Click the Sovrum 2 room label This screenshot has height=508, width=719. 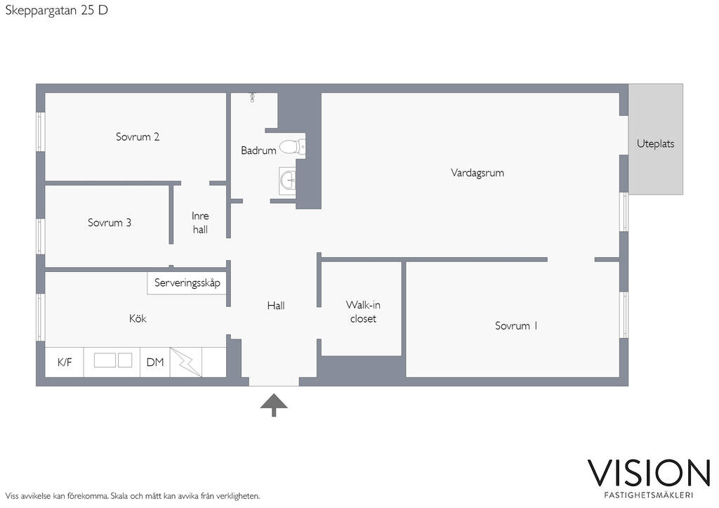coord(138,137)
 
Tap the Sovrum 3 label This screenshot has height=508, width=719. coord(110,223)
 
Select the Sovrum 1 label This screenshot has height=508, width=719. coord(516,326)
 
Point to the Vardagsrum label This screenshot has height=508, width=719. coord(477,173)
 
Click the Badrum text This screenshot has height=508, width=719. coord(258,150)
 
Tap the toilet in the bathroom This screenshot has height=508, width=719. coord(293,148)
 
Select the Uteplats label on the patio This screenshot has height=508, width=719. coord(655,143)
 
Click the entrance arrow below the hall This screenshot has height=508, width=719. coord(274,405)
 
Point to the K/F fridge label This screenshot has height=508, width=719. coord(65,363)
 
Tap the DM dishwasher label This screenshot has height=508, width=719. coord(155,363)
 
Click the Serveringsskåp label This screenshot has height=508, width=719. coord(187,282)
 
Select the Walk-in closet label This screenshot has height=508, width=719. coord(363,311)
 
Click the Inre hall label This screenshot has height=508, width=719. coord(200,223)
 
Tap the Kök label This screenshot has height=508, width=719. coord(138,318)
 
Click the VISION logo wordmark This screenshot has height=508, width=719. coord(648,473)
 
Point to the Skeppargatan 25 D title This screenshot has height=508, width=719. coord(57,11)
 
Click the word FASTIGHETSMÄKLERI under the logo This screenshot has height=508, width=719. coord(648,495)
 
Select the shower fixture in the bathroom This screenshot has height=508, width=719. coord(252,96)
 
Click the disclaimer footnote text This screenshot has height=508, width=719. coord(133,496)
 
